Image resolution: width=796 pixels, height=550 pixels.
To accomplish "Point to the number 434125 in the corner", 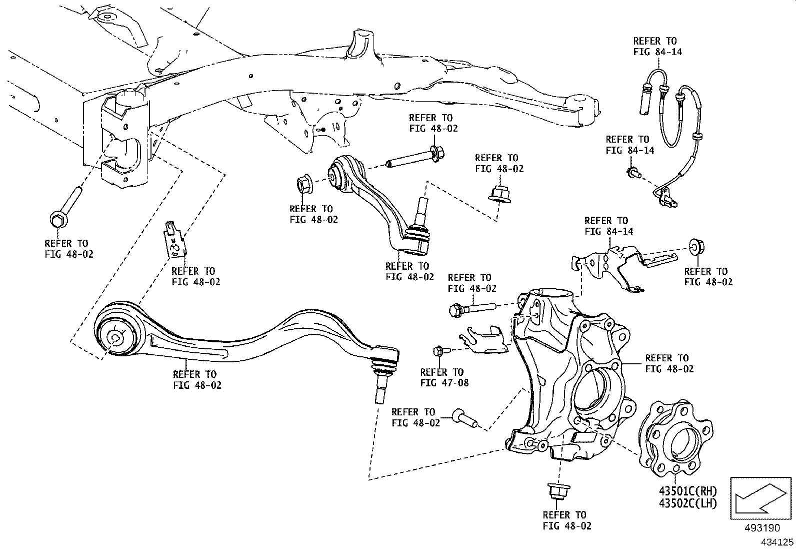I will coord(777,542).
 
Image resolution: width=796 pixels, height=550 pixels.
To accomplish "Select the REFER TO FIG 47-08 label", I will coord(442,378).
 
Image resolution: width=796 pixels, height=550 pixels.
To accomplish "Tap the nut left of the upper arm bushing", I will coord(304,185).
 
